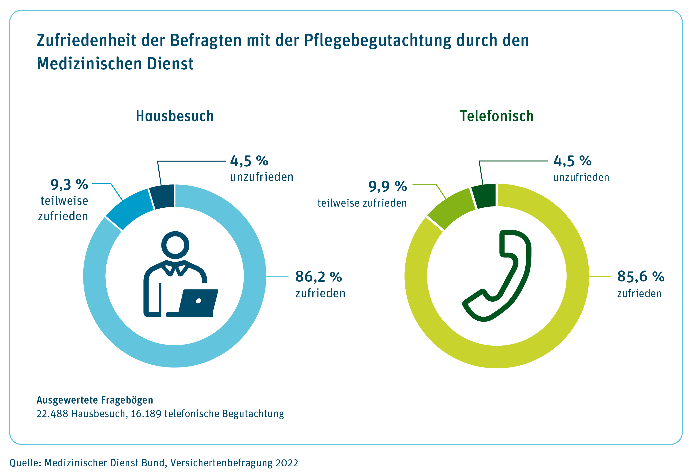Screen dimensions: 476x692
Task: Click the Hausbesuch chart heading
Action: tap(175, 116)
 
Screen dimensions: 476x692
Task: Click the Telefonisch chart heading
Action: tap(496, 116)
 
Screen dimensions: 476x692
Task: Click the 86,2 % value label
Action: tap(318, 277)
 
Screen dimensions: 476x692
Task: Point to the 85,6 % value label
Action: tap(640, 277)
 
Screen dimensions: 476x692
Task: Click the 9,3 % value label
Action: tap(69, 185)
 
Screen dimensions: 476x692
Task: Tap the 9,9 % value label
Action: tap(387, 186)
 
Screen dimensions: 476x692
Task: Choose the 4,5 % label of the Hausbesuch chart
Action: tap(249, 161)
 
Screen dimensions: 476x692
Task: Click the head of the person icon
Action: tap(175, 245)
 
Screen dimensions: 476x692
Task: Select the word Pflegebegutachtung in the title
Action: tap(378, 40)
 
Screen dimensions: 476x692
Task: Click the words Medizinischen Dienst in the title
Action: tap(115, 64)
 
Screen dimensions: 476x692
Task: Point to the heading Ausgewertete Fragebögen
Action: tap(95, 400)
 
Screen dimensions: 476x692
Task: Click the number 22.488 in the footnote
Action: tap(52, 414)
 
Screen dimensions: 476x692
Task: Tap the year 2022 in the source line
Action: tap(287, 463)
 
